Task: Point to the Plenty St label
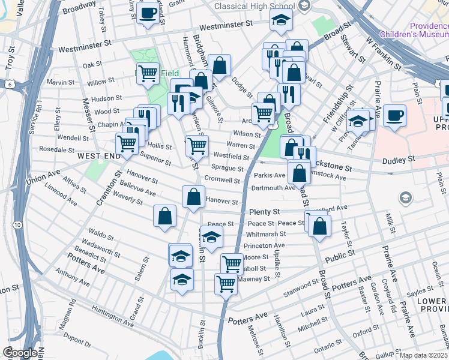click(x=264, y=212)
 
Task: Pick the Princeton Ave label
click(x=265, y=245)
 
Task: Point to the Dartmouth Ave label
click(x=274, y=188)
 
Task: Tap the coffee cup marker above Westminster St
click(x=148, y=13)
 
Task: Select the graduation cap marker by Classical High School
click(x=281, y=21)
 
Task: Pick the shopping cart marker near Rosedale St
click(x=127, y=144)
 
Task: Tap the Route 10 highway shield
click(x=17, y=224)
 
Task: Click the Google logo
click(x=20, y=352)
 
